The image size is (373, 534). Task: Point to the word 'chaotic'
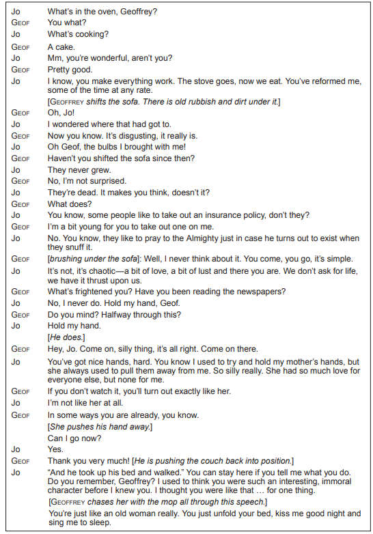tap(91, 271)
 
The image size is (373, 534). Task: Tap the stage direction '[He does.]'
tap(64, 337)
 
